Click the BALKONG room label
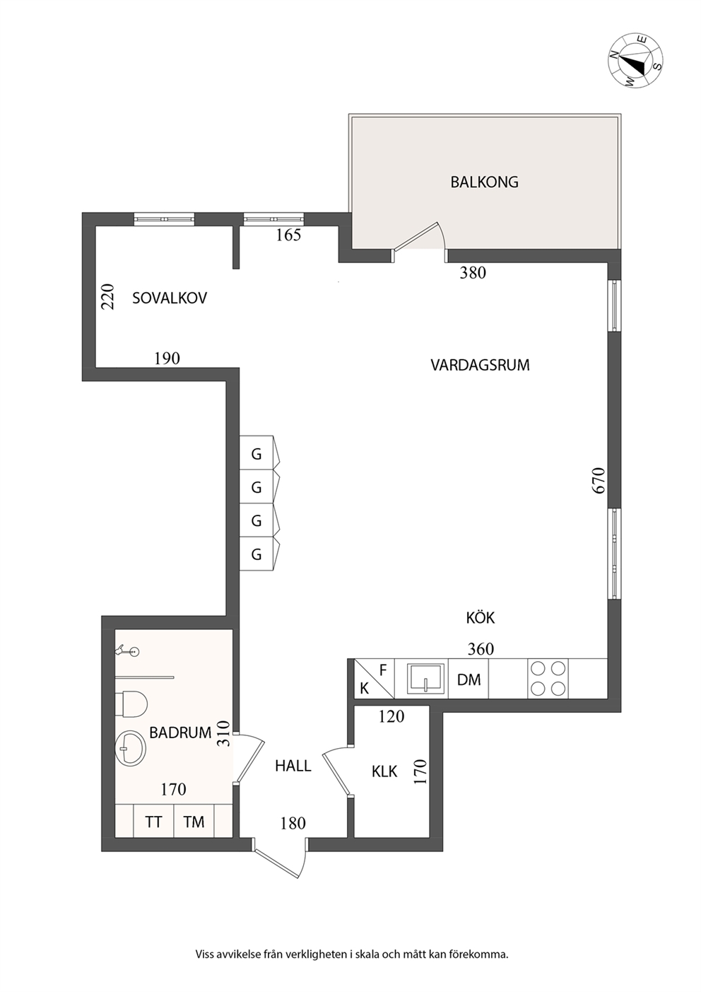coord(484,182)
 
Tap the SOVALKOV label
coord(170,298)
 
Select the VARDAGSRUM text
coord(480,366)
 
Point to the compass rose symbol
coord(637,60)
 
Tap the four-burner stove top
coord(548,678)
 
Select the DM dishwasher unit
coord(469,679)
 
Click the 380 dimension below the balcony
coord(473,273)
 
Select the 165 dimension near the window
coord(288,235)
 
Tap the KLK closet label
coord(384,771)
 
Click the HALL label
coord(293,766)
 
